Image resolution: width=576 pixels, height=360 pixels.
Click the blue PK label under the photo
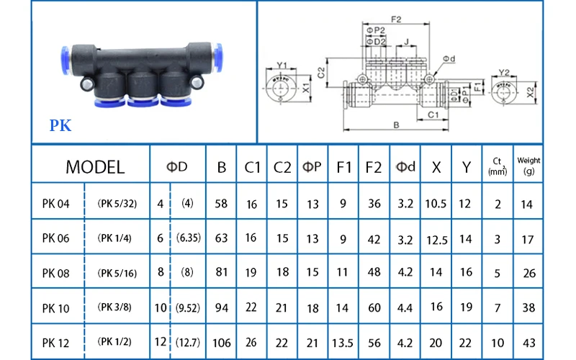(60, 126)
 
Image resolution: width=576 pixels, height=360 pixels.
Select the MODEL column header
(95, 168)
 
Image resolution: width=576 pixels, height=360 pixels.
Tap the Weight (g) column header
(528, 166)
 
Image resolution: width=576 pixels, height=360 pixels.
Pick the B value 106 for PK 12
(222, 341)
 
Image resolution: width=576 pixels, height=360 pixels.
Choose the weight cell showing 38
(528, 308)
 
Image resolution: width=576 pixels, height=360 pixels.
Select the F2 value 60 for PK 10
(374, 308)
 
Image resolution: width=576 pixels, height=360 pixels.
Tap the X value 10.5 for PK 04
(436, 204)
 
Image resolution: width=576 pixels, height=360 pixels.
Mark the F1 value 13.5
(344, 341)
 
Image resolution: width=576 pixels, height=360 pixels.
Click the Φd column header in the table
(406, 168)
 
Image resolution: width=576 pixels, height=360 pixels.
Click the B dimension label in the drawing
(396, 125)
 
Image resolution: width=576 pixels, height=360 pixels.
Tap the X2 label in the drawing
(531, 93)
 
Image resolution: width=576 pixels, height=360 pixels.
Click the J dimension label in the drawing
(408, 42)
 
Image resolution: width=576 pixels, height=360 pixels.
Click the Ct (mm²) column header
(497, 166)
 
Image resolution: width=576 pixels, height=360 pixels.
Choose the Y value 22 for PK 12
(466, 341)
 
